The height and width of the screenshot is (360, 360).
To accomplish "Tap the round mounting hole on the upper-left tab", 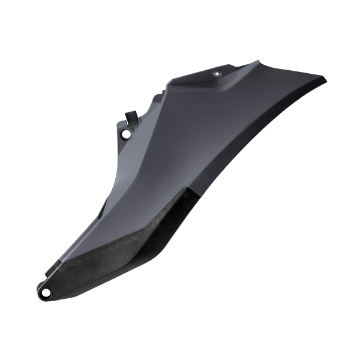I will pyautogui.click(x=126, y=134).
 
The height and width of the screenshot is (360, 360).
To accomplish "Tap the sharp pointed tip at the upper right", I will pyautogui.click(x=326, y=79).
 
